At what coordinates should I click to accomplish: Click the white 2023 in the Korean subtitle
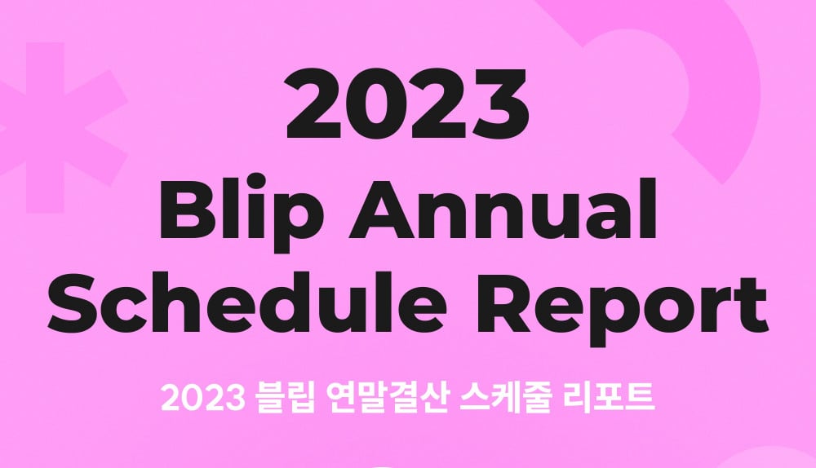[x=203, y=398]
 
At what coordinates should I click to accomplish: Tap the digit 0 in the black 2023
[x=379, y=104]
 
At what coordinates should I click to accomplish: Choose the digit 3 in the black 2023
[x=499, y=104]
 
